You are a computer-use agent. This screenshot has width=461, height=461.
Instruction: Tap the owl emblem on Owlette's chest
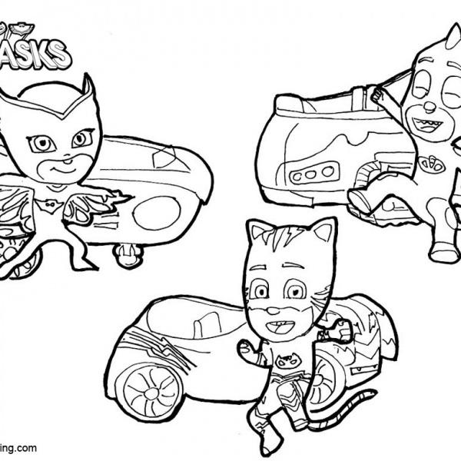pos(77,201)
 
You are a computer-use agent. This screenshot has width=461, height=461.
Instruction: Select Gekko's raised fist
pos(379,95)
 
